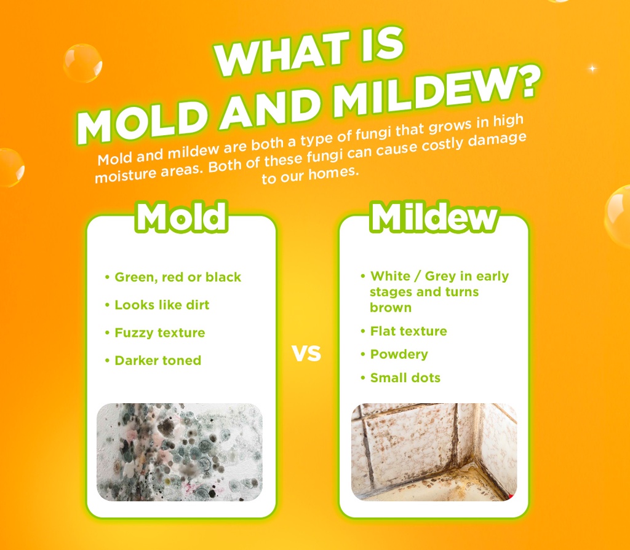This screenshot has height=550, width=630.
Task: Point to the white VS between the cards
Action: click(306, 355)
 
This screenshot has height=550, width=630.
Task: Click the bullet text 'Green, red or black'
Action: click(178, 277)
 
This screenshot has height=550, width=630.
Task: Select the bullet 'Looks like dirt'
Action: click(162, 305)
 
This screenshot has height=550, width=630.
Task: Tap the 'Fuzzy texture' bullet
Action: click(159, 332)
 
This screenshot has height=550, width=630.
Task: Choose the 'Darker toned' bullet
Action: click(157, 360)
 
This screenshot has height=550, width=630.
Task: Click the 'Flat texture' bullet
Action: click(408, 331)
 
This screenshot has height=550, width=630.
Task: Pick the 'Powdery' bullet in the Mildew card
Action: click(399, 355)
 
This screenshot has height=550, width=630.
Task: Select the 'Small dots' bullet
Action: click(405, 378)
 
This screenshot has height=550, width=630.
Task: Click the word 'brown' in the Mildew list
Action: click(391, 307)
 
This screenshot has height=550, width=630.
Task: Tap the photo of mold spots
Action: click(180, 451)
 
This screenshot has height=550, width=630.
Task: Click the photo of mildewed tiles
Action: click(434, 451)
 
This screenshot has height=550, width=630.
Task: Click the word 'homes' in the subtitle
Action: click(333, 172)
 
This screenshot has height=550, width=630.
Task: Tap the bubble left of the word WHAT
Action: click(82, 63)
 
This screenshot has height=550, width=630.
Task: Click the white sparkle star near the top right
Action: click(593, 68)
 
